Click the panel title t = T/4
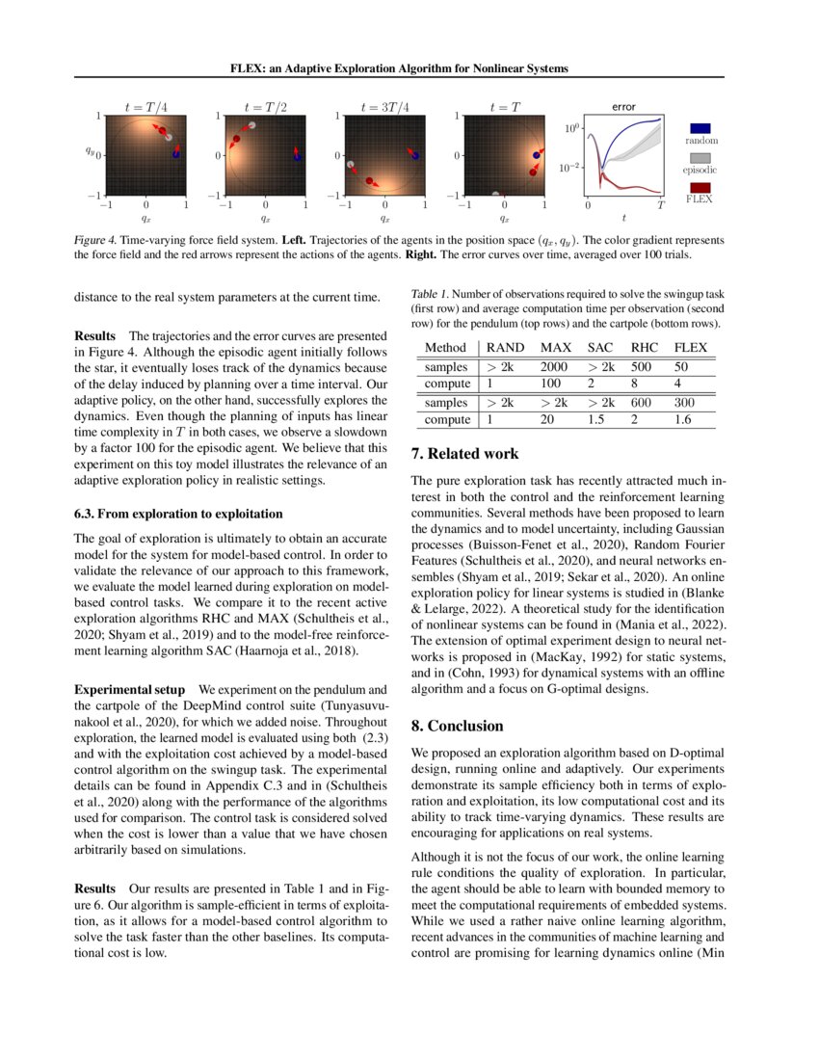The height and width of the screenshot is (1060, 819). coord(145,107)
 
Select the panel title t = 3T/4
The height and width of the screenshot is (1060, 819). coord(383,107)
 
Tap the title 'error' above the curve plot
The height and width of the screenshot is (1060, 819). coord(623,107)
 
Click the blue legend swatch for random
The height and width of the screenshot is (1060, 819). coord(701,127)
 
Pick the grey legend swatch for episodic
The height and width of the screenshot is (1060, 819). coord(701,157)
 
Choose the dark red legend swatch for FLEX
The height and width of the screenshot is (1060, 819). coord(701,187)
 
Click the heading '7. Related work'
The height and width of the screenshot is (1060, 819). coord(464,453)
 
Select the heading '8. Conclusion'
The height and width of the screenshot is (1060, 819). coord(457,725)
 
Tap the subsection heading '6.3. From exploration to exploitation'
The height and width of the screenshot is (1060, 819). coord(179,513)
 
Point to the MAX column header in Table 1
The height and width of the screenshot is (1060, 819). coord(557,347)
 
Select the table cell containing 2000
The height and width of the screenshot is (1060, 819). coord(557,367)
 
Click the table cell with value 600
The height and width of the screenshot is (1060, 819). coord(642,403)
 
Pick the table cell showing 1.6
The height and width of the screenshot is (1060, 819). coord(684,419)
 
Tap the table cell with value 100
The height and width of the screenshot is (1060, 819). coord(551,383)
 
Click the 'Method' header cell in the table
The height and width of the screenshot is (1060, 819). coord(445,347)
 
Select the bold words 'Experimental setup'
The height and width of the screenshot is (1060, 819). coord(131,690)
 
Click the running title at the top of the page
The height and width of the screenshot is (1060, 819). coord(399,67)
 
